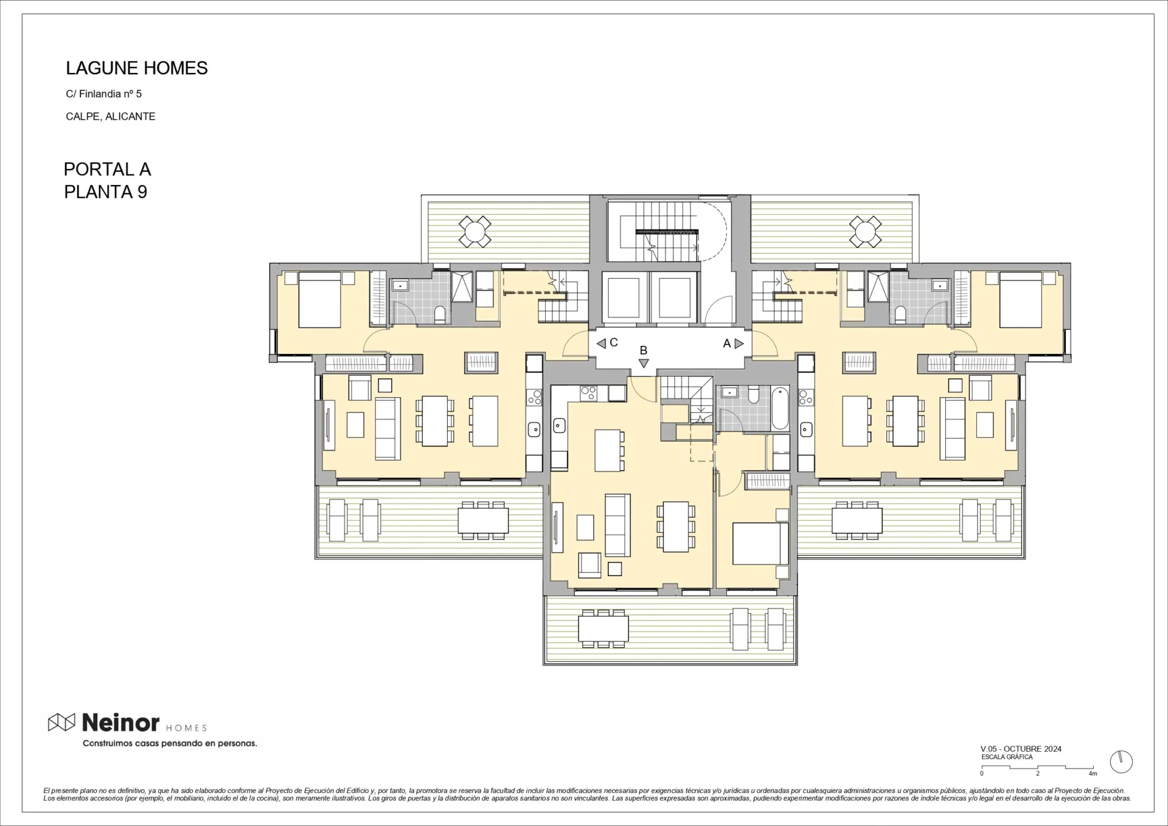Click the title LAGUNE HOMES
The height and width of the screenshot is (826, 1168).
(x=137, y=68)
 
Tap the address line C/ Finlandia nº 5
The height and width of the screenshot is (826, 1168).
(x=104, y=94)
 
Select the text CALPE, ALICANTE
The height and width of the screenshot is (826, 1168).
(x=111, y=116)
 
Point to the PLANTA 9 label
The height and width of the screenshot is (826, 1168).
(x=106, y=192)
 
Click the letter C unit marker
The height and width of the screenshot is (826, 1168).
(x=614, y=342)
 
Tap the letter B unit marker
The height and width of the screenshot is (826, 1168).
(x=643, y=350)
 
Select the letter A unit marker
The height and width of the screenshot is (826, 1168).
(x=726, y=344)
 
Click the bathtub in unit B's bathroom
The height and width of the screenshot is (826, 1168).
(x=780, y=407)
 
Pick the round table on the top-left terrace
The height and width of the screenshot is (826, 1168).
(x=474, y=231)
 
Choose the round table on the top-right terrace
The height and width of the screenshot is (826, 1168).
(x=865, y=231)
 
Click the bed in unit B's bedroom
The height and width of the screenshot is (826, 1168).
(x=760, y=543)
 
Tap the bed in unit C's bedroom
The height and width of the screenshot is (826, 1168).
(x=319, y=300)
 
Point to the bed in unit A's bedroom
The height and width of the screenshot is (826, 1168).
(x=1021, y=300)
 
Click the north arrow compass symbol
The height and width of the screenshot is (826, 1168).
(x=1121, y=762)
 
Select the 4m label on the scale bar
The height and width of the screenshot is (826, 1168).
(x=1093, y=774)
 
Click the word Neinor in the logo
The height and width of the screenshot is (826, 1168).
(x=120, y=723)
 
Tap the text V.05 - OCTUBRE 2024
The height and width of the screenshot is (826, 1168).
(x=1021, y=749)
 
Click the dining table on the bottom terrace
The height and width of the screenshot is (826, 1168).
(x=603, y=628)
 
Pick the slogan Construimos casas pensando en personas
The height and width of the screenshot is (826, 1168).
(x=170, y=743)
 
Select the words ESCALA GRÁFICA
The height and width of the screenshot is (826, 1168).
(x=1007, y=757)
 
